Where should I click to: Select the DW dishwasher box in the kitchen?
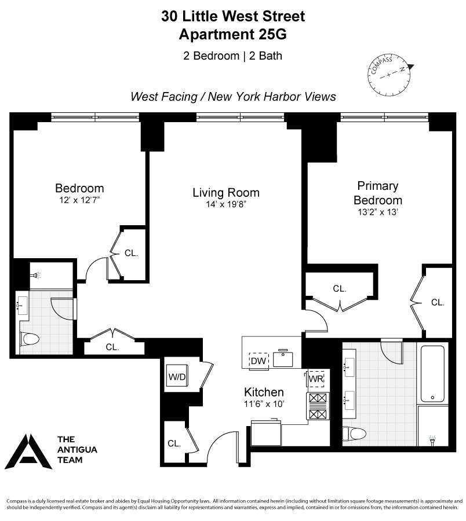(258, 361)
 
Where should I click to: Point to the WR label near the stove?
(315, 379)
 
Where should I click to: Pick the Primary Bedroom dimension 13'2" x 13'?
(378, 212)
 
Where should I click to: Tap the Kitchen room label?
(264, 392)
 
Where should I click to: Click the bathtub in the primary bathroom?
(431, 375)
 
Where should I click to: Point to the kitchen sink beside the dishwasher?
(283, 359)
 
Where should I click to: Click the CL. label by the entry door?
(174, 444)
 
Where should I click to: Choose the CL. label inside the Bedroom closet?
(131, 253)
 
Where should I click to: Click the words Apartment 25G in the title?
(232, 35)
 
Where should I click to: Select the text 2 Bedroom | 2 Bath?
(232, 56)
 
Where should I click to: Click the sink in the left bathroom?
(24, 304)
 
